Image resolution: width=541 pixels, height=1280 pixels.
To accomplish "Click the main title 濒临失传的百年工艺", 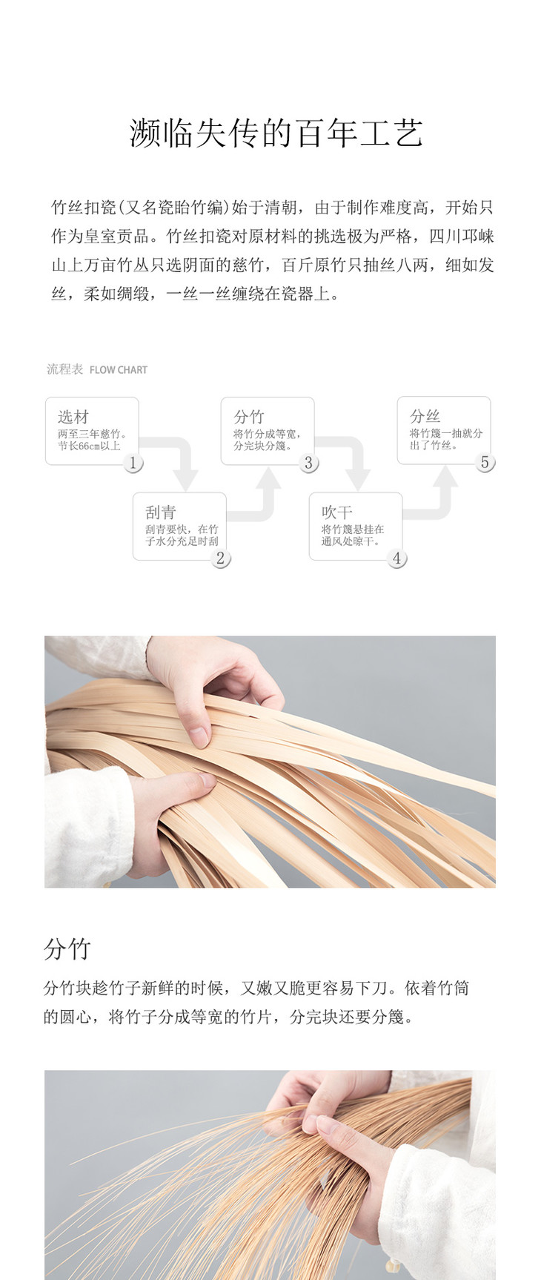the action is click(276, 133).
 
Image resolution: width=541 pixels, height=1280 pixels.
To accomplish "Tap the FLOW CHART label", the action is click(119, 370).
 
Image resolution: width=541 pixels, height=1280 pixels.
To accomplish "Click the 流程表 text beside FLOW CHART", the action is click(65, 369).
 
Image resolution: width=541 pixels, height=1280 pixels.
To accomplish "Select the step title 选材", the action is click(73, 417).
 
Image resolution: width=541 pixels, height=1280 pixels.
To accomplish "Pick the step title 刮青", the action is click(161, 512).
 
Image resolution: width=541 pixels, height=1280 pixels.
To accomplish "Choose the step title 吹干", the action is click(337, 512).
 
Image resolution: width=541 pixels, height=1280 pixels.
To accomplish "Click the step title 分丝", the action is click(425, 417).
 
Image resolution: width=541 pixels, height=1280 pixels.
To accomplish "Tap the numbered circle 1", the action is click(133, 463).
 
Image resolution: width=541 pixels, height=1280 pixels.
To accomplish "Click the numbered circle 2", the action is click(220, 558).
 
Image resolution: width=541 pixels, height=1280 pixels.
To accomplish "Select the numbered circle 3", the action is click(308, 463).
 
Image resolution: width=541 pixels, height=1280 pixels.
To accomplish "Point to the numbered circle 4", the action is click(396, 558).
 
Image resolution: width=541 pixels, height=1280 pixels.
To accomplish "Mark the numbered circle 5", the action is click(485, 463).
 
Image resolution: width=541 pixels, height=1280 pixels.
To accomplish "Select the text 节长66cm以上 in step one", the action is click(89, 446).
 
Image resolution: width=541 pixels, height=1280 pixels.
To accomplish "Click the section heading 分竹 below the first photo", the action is click(67, 949).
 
